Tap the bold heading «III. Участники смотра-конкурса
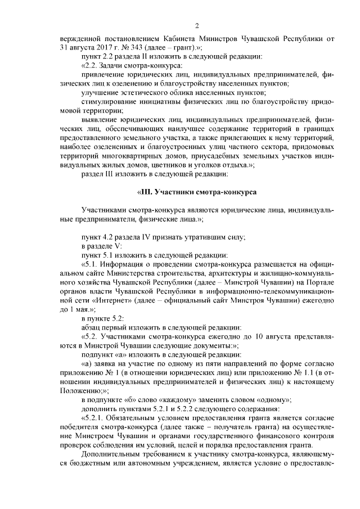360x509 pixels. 197,192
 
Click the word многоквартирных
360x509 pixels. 132,156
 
